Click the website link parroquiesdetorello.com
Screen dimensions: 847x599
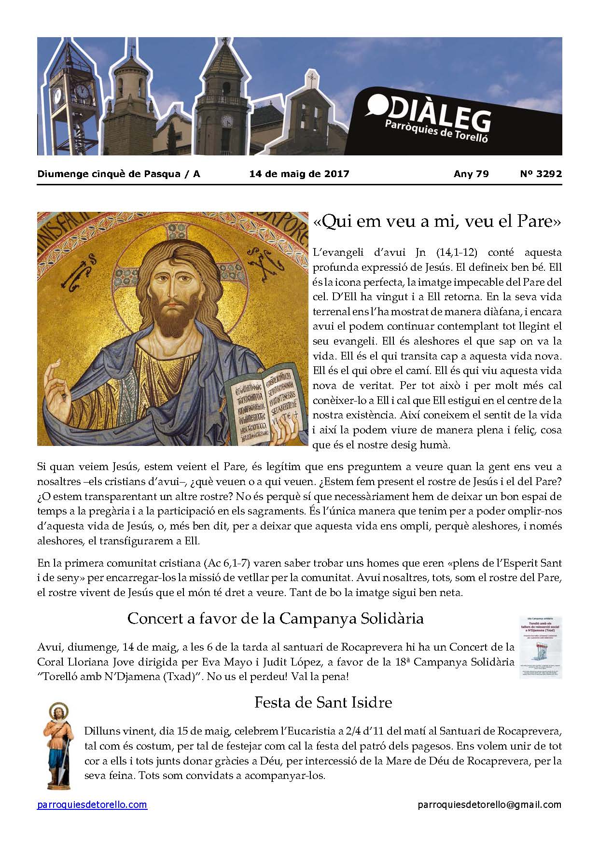(92, 805)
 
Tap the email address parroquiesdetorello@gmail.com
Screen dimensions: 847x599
(489, 805)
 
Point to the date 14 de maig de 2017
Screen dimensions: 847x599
(299, 174)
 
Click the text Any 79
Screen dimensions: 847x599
(471, 174)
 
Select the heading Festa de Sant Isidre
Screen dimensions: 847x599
(323, 702)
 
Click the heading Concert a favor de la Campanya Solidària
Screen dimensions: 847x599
(275, 618)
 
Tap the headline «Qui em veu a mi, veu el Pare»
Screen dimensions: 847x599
(437, 222)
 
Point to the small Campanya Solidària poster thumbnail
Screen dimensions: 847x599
(540, 647)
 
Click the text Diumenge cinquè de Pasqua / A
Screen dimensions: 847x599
(119, 174)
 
